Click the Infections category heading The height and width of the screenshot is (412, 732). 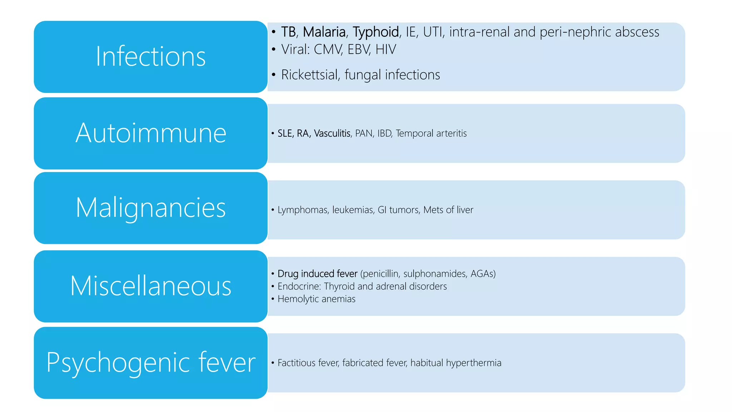pos(150,57)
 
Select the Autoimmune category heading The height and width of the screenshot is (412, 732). pos(150,133)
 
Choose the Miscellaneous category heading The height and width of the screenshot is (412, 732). pos(150,286)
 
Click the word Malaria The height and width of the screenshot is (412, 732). pos(325,32)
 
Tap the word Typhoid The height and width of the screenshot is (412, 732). pos(376,32)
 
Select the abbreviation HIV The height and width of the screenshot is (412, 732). pos(386,49)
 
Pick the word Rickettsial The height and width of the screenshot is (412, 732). pos(310,75)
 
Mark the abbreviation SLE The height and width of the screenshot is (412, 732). pos(285,133)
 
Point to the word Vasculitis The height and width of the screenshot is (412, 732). pos(332,133)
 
